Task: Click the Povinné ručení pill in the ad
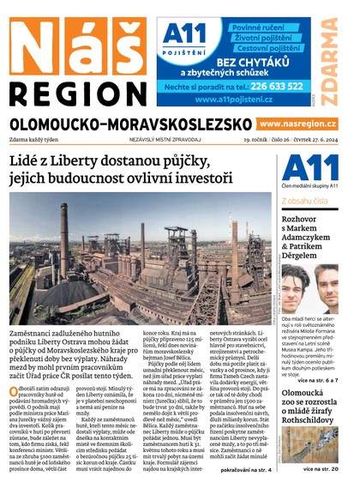[x=264, y=28]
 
